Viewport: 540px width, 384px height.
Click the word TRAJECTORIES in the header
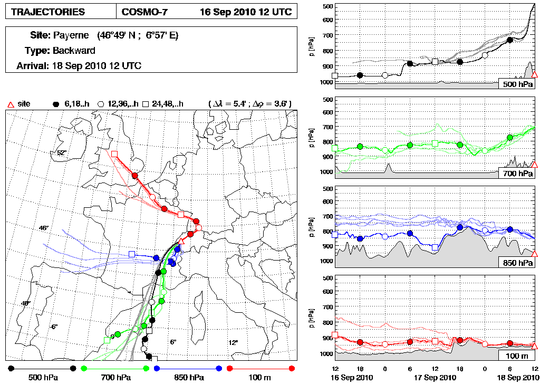pyautogui.click(x=47, y=12)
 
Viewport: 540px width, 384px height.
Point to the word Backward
pyautogui.click(x=74, y=51)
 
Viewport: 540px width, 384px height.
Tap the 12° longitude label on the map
pyautogui.click(x=233, y=342)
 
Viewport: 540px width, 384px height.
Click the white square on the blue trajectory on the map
pyautogui.click(x=132, y=254)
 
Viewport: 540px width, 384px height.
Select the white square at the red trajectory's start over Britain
pyautogui.click(x=114, y=153)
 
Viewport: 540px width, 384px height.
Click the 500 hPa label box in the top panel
pyautogui.click(x=517, y=84)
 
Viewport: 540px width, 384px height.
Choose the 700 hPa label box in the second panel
pyautogui.click(x=517, y=174)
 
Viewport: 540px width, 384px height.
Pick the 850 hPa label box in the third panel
pyautogui.click(x=517, y=263)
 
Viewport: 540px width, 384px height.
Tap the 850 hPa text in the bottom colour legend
pyautogui.click(x=189, y=378)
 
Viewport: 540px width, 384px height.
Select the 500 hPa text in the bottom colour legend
pyautogui.click(x=42, y=378)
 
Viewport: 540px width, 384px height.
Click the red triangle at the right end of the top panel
pyautogui.click(x=534, y=75)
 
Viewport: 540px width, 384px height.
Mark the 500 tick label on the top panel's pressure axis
pyautogui.click(x=327, y=6)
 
